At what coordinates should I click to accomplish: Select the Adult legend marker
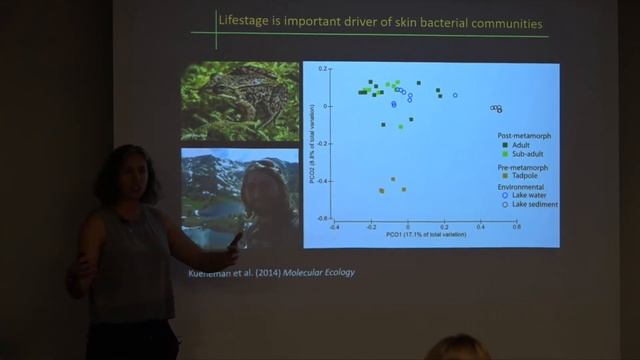(505, 145)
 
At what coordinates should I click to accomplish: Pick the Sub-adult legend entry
(526, 155)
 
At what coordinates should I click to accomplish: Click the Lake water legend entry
(531, 196)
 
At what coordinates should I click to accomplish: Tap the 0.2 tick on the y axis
(324, 69)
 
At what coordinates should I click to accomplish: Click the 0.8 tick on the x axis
(517, 227)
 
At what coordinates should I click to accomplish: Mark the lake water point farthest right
(455, 95)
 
